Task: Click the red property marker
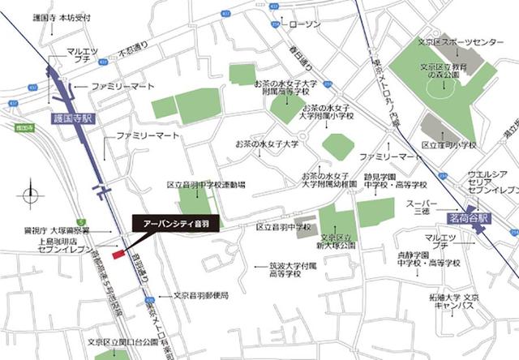pos(118,255)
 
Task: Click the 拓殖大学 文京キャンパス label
pos(454,302)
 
